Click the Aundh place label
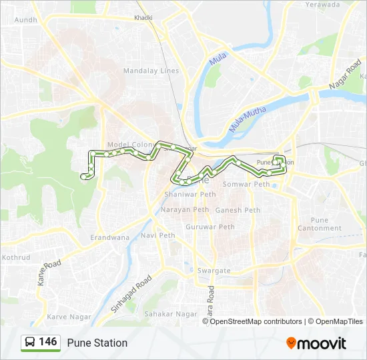tap(26, 20)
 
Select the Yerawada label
tap(322, 4)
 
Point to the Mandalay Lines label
tap(151, 71)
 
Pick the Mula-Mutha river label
tap(248, 119)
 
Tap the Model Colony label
tap(131, 145)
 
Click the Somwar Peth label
tap(246, 184)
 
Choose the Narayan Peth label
tap(185, 209)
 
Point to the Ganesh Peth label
tap(238, 211)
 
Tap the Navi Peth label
tap(158, 235)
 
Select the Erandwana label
tap(110, 237)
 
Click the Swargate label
tap(214, 271)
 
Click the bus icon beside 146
tap(30, 343)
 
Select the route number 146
tap(48, 342)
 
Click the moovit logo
tap(316, 343)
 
